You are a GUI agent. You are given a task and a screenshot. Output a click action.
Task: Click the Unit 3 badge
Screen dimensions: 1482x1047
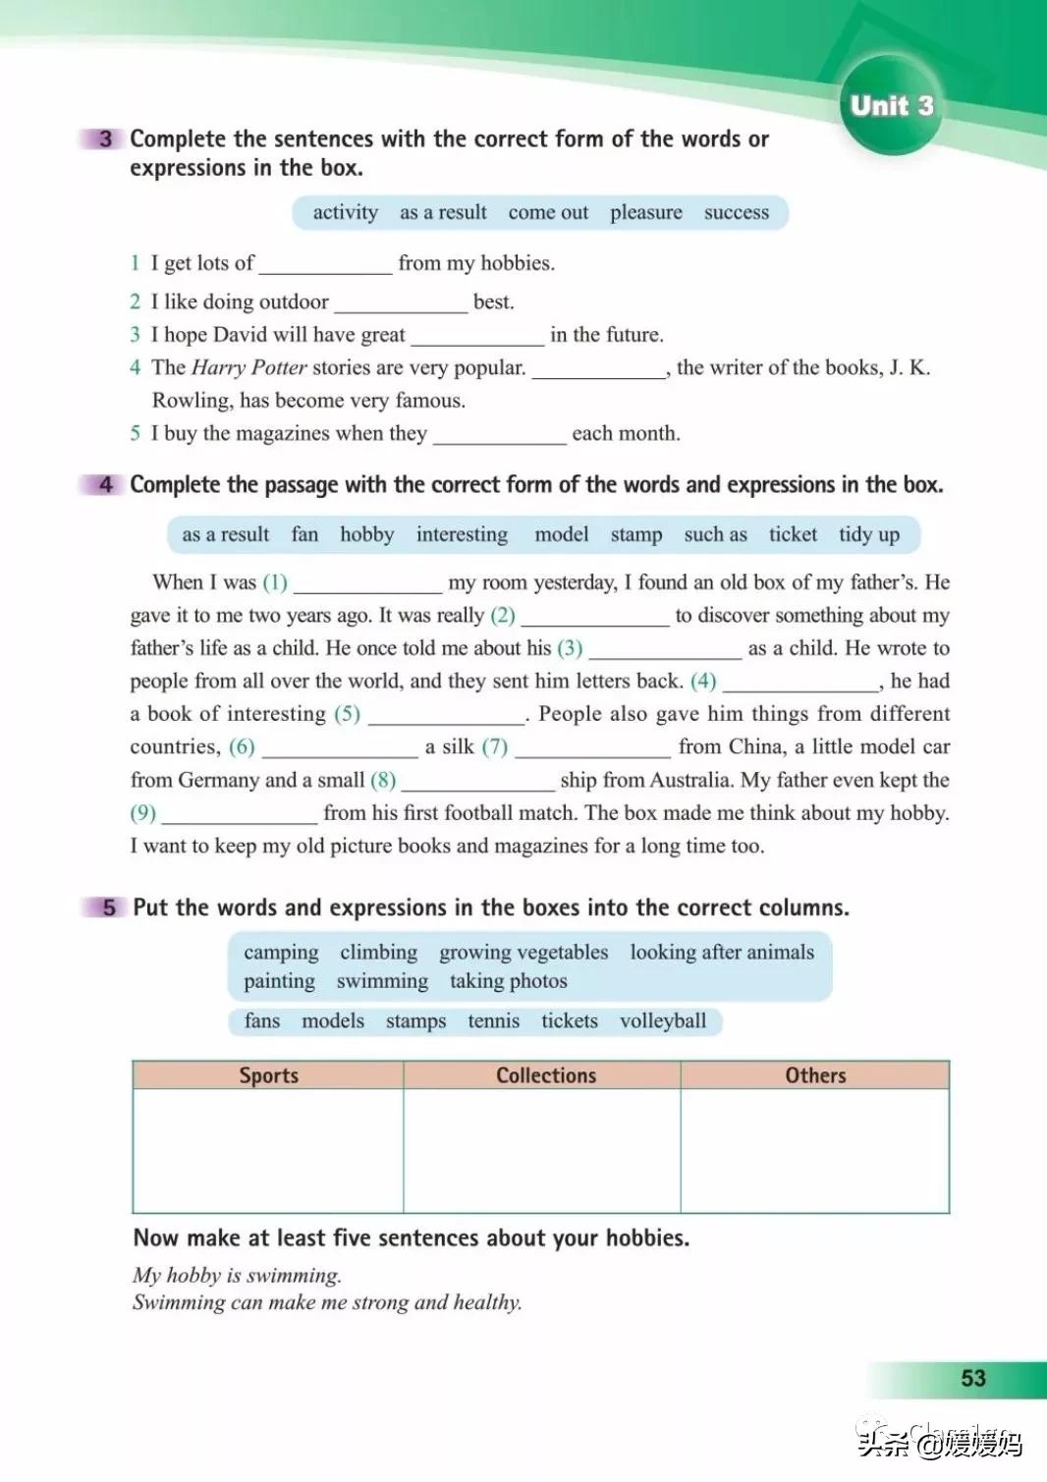coord(891,106)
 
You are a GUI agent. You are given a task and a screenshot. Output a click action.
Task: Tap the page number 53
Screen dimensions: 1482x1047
coord(972,1378)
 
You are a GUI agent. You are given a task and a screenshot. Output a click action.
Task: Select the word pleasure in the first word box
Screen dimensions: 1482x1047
coord(645,212)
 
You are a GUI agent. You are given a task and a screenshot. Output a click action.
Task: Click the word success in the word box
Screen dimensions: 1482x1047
coord(736,212)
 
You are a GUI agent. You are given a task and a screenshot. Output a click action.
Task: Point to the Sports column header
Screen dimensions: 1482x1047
coord(268,1075)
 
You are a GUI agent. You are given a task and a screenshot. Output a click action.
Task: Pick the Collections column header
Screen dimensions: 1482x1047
coord(545,1075)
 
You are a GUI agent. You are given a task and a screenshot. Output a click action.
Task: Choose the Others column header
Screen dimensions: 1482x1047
coord(815,1075)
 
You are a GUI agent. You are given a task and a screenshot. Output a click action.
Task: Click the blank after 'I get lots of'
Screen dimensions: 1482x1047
coord(325,265)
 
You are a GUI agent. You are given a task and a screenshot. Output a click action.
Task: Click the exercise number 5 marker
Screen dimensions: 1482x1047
coord(108,907)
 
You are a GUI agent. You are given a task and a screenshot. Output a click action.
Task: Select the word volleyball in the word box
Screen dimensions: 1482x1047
coord(662,1021)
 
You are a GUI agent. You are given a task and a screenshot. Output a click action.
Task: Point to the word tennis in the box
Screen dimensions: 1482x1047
coord(493,1021)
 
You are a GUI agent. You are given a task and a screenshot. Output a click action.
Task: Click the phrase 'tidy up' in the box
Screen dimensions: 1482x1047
coord(868,534)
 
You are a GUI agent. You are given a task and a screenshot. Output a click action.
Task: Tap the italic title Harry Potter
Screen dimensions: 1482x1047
coord(248,367)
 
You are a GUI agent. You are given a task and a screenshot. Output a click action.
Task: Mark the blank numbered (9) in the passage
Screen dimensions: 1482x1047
coord(240,815)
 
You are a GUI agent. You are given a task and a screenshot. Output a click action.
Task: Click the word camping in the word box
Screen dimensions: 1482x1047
coord(281,953)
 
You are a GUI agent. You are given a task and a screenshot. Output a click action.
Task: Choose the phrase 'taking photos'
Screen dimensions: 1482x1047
coord(508,981)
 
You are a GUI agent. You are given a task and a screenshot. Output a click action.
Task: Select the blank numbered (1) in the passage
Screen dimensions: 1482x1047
coord(367,584)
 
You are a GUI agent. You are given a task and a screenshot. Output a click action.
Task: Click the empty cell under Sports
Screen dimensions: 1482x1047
coord(268,1150)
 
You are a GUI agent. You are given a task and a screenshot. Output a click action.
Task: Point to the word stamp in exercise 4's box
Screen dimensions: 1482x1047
coord(635,534)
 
